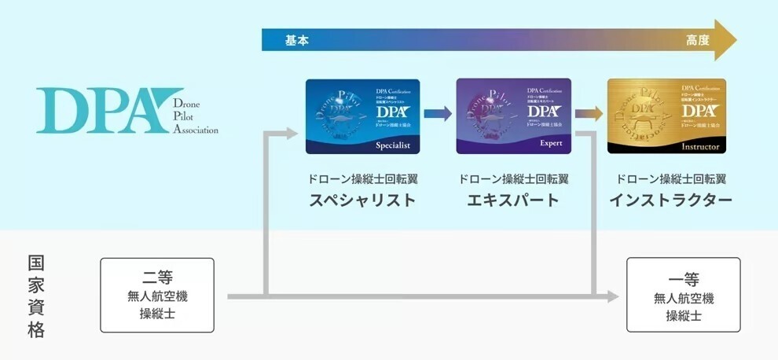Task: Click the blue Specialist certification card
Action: click(x=362, y=116)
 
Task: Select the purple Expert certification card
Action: click(x=513, y=116)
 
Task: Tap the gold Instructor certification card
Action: click(x=666, y=116)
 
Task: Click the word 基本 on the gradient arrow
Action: click(x=296, y=40)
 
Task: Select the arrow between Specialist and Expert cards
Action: click(x=438, y=113)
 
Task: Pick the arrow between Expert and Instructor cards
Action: click(x=589, y=113)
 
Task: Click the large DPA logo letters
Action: click(x=98, y=111)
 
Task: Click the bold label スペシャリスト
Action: click(x=362, y=200)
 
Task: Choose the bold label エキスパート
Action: click(x=513, y=200)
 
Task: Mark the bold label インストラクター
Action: click(x=670, y=200)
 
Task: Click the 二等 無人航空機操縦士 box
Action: click(x=157, y=295)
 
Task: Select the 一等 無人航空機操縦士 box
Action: click(x=683, y=295)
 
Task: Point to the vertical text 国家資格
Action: click(x=36, y=296)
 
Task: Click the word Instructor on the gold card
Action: click(x=702, y=146)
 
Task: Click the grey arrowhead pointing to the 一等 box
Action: click(x=613, y=296)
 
